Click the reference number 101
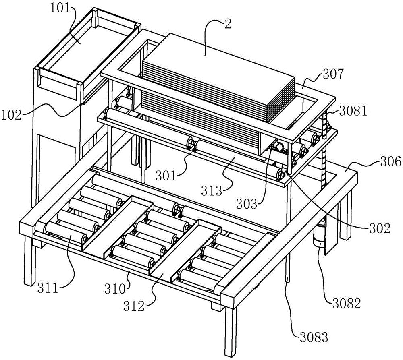60,9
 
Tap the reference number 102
12,115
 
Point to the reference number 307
333,74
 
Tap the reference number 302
380,228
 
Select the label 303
247,204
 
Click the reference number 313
211,190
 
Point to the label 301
166,176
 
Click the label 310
114,290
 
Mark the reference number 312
134,306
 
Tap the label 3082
347,304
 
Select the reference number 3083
314,337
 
